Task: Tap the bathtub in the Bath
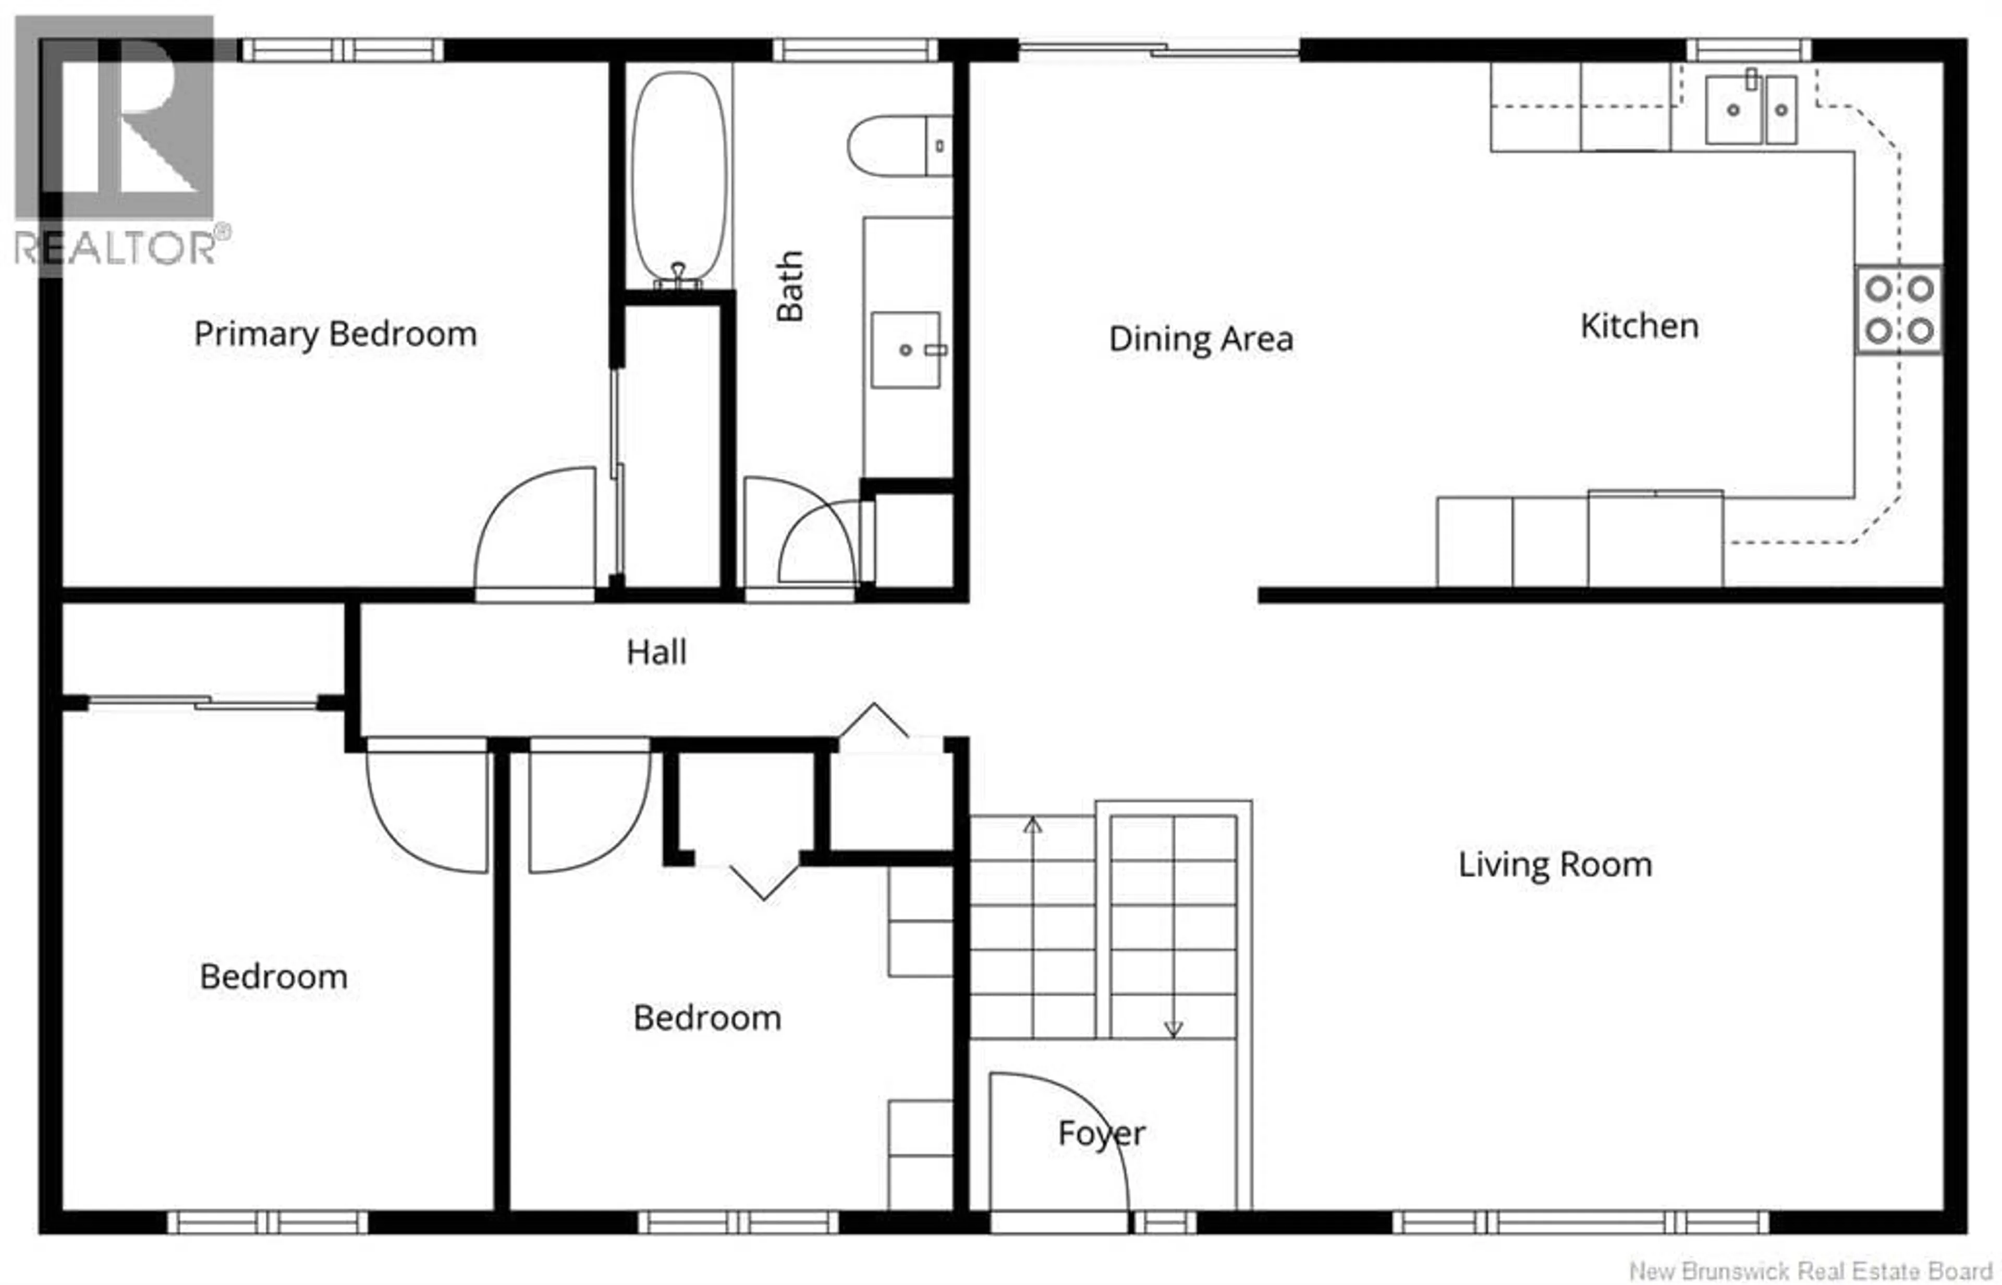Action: click(678, 175)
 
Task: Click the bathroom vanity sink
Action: click(906, 349)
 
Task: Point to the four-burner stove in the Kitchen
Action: click(1899, 310)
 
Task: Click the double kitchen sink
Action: click(1750, 108)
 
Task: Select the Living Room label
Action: click(1555, 865)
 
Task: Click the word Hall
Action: click(656, 652)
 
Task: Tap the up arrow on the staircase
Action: click(1033, 825)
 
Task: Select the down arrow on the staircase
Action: click(1173, 1029)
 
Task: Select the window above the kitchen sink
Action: click(1749, 50)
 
